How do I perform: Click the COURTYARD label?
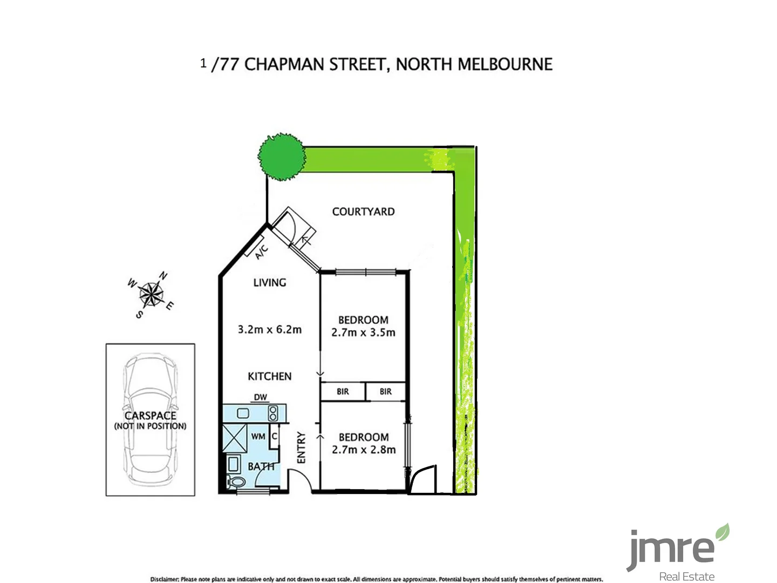[363, 212]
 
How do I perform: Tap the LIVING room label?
[270, 282]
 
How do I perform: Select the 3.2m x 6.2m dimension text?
[270, 329]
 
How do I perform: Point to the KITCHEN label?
[270, 376]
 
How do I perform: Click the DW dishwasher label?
[261, 397]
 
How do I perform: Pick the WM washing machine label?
[258, 436]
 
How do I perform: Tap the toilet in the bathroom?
[236, 482]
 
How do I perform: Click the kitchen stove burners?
[273, 413]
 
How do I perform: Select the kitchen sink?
[242, 413]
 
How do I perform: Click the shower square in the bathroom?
[235, 438]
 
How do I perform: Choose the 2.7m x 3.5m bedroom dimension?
[363, 333]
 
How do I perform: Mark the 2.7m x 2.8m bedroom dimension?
[364, 450]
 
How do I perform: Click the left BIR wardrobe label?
[343, 391]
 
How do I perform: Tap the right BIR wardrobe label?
[385, 391]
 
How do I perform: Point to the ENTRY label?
[301, 447]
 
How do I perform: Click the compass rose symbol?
[152, 295]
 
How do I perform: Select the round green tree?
[281, 156]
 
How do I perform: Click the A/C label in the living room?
[261, 252]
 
